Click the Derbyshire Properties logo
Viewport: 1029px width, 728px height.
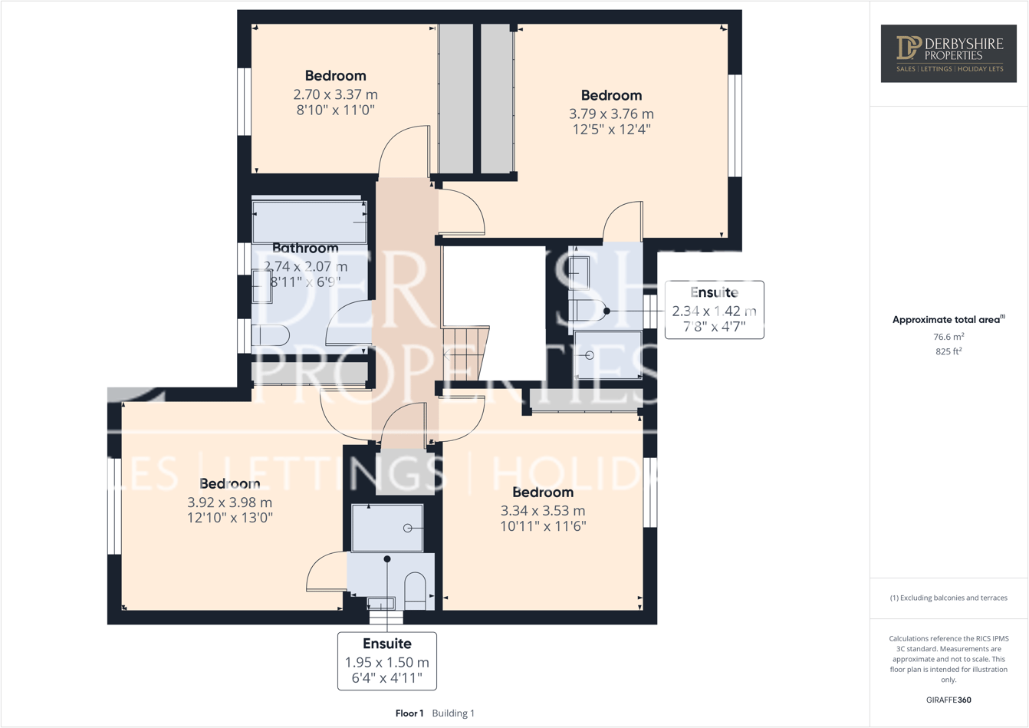point(948,53)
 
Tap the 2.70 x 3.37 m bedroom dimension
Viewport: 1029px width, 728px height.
point(335,94)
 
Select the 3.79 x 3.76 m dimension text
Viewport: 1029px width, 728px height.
point(611,114)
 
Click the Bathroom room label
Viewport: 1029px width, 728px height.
point(305,248)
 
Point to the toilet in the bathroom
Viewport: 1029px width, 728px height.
point(270,335)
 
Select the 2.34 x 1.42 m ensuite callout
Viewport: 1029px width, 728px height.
point(714,311)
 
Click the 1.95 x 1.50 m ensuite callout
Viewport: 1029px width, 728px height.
point(386,662)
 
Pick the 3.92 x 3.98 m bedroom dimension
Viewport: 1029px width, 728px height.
point(229,502)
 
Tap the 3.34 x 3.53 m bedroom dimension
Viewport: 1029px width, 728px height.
point(543,511)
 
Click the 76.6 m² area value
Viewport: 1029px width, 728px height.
point(948,337)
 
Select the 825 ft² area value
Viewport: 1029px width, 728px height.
point(948,351)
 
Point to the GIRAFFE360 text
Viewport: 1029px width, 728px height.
point(948,700)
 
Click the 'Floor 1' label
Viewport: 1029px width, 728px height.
point(409,713)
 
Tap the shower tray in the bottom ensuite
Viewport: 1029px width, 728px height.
point(387,528)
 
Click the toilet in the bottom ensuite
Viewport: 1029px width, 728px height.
point(415,590)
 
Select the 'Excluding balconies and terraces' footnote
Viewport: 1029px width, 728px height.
point(948,598)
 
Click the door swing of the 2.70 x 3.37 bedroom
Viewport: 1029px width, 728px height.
point(403,150)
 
